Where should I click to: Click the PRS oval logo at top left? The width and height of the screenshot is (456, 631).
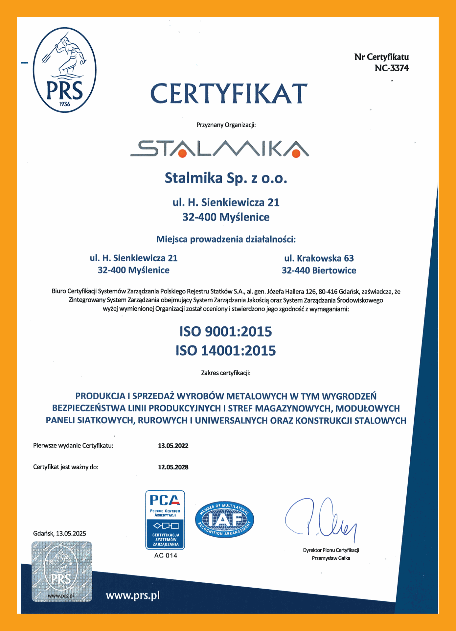tap(65, 70)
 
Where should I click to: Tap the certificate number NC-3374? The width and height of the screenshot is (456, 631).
tap(391, 68)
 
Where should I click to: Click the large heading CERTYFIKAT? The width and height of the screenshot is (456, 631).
tap(229, 94)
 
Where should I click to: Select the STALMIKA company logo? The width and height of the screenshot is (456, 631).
tap(219, 149)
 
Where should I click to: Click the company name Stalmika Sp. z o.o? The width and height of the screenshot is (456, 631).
tap(226, 178)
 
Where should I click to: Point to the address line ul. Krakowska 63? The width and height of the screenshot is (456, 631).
tap(319, 258)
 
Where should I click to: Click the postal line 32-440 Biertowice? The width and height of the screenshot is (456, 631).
tap(319, 270)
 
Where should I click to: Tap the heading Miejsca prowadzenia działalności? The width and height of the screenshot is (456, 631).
tap(226, 239)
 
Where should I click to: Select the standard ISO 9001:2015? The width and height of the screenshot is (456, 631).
tap(226, 332)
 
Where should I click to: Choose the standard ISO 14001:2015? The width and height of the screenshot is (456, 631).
tap(226, 351)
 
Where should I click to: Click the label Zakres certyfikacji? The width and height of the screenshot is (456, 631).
tap(226, 373)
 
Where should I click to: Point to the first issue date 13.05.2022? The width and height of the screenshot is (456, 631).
tap(173, 446)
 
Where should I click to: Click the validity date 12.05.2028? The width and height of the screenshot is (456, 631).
tap(173, 467)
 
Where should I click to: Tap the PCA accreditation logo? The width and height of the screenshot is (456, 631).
tap(165, 520)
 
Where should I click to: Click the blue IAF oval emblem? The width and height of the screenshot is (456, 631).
tap(224, 520)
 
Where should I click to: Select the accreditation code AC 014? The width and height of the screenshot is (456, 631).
tap(166, 555)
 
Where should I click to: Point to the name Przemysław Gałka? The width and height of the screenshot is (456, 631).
tap(331, 558)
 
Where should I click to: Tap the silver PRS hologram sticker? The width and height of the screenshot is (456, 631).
tap(62, 572)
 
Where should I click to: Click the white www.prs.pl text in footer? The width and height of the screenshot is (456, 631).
tap(133, 595)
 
